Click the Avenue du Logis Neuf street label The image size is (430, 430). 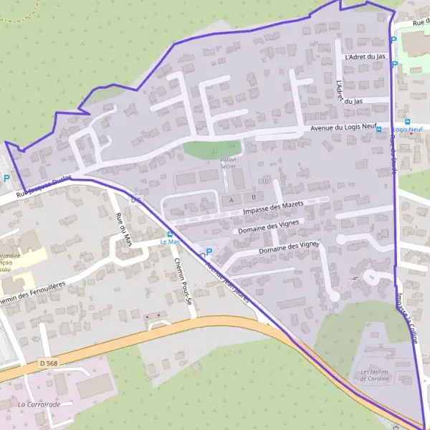tap(343, 128)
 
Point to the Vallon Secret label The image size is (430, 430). tap(228, 163)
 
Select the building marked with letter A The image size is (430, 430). tap(231, 197)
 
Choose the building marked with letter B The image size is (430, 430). tap(252, 196)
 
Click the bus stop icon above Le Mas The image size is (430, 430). tap(170, 234)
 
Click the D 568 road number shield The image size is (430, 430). tap(49, 364)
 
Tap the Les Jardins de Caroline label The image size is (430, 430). tap(376, 375)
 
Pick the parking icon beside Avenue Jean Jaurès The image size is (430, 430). tap(209, 252)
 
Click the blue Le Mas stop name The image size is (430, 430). tap(169, 242)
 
